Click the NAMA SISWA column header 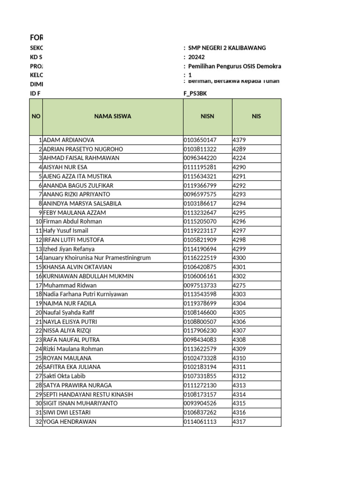point(112,116)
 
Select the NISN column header point(207,116)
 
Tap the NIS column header point(256,116)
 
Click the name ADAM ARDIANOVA point(68,140)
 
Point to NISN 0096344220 point(200,158)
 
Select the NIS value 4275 point(239,285)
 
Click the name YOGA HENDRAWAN point(69,421)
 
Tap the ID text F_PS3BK point(195,93)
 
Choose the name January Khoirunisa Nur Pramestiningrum point(97,258)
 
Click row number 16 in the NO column point(38,276)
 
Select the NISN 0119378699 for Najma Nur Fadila point(200,303)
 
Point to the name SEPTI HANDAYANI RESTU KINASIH point(88,394)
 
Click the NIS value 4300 point(239,258)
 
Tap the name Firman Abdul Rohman point(72,221)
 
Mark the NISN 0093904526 point(200,403)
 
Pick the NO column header point(36,116)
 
